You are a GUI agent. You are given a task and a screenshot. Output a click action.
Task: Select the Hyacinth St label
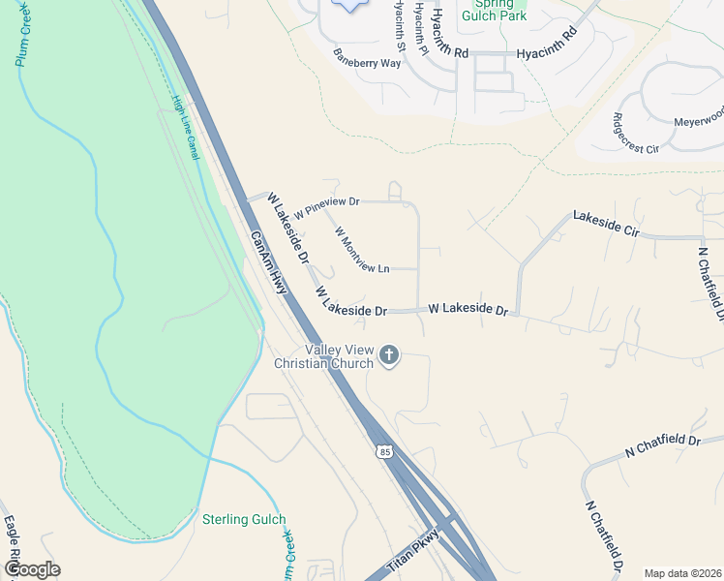coord(399,26)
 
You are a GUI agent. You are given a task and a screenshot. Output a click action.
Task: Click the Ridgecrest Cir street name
coord(635,135)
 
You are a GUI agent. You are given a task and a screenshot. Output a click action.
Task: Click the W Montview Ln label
coord(361,250)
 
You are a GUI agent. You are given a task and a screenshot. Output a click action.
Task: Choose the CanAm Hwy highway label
coord(270,263)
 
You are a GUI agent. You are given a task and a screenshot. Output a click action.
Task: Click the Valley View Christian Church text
coord(338,356)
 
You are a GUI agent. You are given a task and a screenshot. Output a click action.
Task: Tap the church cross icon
coord(389,355)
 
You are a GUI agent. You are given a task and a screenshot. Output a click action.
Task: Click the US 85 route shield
coord(385,452)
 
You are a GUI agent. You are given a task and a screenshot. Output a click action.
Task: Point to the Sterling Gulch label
coord(244,520)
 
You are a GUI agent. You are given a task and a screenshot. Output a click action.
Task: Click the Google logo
coord(32,569)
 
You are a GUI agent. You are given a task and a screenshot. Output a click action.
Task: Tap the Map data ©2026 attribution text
coord(682,573)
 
